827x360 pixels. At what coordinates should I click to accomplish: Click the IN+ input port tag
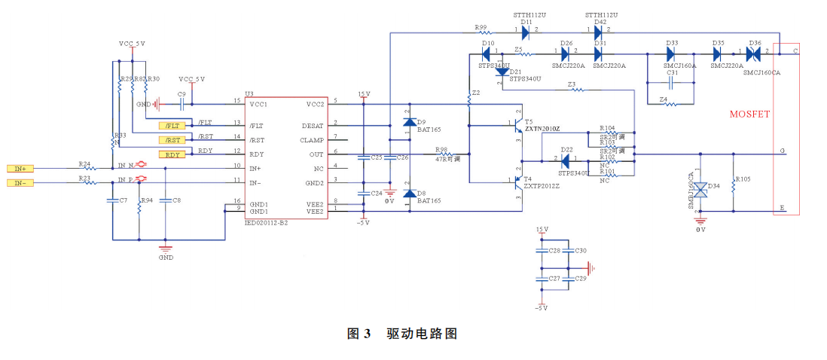click(20, 169)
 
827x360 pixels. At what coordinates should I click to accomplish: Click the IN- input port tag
click(20, 183)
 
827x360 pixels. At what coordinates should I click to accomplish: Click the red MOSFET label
click(749, 114)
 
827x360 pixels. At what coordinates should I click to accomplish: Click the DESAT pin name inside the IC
click(313, 126)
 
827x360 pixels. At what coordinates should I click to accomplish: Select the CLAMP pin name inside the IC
click(313, 140)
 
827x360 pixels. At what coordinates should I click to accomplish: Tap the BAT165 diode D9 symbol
click(409, 122)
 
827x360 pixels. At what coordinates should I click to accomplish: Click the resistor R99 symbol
click(481, 33)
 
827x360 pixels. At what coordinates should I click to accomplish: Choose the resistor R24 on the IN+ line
click(88, 169)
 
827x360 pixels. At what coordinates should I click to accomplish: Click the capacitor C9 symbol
click(182, 104)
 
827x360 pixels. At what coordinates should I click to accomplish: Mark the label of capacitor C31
click(672, 73)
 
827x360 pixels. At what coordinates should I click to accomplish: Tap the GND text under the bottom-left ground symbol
click(166, 258)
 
